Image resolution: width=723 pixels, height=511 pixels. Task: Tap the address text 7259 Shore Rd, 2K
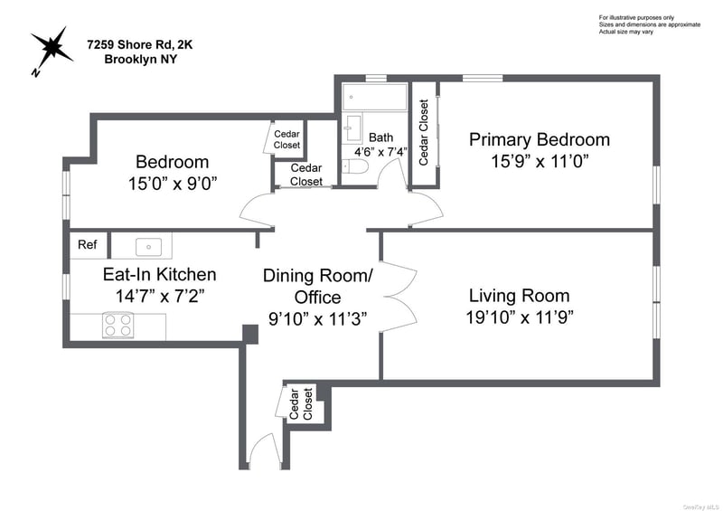(140, 45)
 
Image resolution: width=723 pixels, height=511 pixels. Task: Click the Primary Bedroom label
(540, 139)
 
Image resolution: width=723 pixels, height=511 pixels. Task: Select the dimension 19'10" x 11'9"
(520, 317)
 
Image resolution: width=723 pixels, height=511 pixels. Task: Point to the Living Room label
(519, 296)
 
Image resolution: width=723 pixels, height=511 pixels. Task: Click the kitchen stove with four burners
(118, 325)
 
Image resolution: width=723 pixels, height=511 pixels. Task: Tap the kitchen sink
(148, 247)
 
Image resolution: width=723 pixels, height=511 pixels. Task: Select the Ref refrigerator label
(87, 244)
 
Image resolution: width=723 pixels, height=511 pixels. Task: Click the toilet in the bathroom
(356, 166)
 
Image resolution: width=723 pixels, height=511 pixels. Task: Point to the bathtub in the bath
(374, 97)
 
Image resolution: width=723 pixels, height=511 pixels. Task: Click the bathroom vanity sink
(353, 128)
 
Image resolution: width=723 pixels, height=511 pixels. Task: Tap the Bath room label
(380, 137)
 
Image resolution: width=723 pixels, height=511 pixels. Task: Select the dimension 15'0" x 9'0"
(173, 184)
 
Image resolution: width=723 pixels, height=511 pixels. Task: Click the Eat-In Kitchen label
(160, 275)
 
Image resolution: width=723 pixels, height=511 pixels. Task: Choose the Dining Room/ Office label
(318, 286)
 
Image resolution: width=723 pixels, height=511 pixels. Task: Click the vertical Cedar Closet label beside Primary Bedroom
(424, 132)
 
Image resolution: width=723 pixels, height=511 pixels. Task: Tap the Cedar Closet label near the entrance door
(301, 404)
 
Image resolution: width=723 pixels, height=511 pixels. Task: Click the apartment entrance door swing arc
(265, 449)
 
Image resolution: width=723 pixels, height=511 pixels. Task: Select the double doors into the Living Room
(398, 297)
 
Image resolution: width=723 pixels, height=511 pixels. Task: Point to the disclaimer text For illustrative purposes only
(636, 17)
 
